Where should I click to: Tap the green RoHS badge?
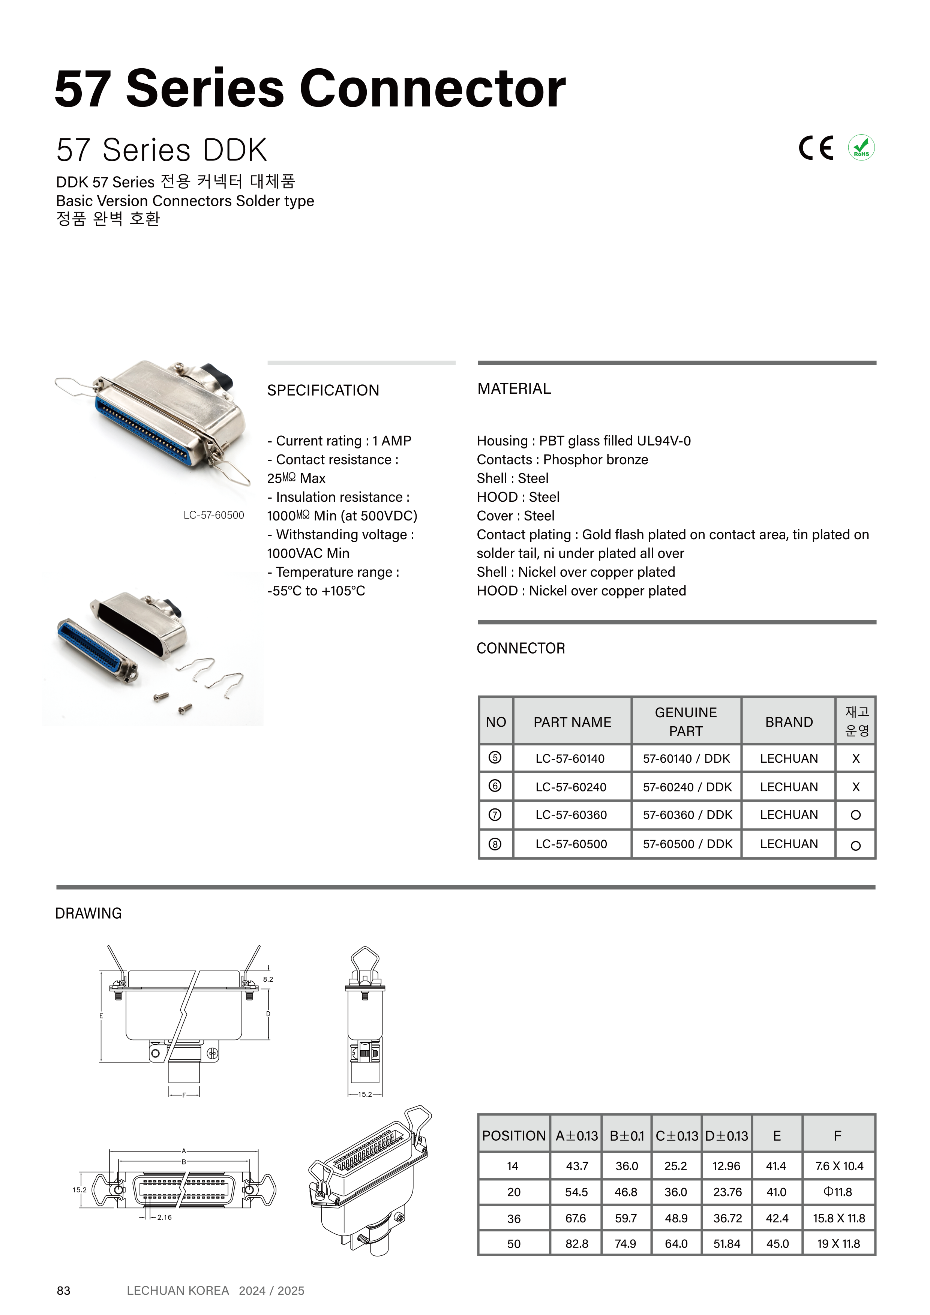[x=861, y=148]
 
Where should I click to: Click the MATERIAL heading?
[x=514, y=388]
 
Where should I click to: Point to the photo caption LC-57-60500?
[x=214, y=515]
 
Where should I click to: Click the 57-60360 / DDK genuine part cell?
[x=687, y=814]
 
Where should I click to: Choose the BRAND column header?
[x=789, y=722]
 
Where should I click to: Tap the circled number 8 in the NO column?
[x=495, y=844]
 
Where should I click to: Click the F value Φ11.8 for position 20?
[x=837, y=1192]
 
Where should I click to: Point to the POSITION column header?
[x=514, y=1136]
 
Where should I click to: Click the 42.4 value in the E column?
[x=777, y=1218]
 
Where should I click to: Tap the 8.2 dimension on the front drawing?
[x=268, y=979]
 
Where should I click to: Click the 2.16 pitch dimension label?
[x=164, y=1217]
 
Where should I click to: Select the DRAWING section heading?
[x=89, y=913]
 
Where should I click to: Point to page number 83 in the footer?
[x=64, y=1290]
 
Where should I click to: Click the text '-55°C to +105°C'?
[x=316, y=591]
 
